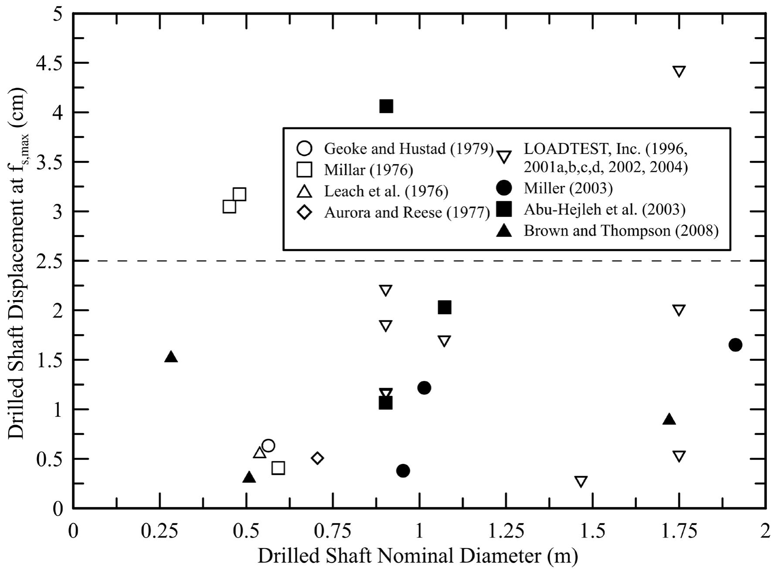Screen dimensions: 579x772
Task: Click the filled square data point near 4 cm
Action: [x=386, y=106]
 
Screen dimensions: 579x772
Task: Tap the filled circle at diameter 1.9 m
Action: [x=735, y=345]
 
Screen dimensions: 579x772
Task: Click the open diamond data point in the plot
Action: [x=317, y=458]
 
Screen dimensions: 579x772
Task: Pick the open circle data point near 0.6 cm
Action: [x=268, y=445]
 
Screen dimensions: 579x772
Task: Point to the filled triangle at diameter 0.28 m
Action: [x=171, y=357]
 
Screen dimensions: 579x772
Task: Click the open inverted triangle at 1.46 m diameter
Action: [x=581, y=482]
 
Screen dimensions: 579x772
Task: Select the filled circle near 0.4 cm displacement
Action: [x=403, y=470]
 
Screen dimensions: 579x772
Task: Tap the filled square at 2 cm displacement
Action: [x=444, y=307]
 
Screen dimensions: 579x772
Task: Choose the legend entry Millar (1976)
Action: [x=368, y=170]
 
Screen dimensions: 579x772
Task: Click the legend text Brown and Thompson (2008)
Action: [x=621, y=230]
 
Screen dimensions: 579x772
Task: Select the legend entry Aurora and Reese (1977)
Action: [x=407, y=212]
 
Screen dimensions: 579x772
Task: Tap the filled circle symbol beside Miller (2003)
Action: [x=504, y=188]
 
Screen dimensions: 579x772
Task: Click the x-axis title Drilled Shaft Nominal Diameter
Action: [x=418, y=557]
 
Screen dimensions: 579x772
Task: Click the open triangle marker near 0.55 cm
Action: [x=259, y=453]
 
